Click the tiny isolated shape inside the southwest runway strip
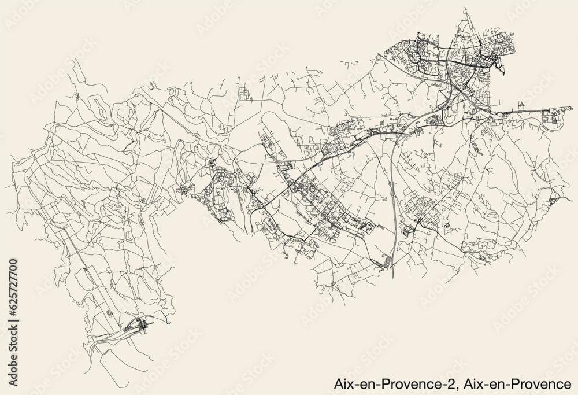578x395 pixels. [110, 313]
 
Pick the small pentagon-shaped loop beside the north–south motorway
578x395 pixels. [407, 231]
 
